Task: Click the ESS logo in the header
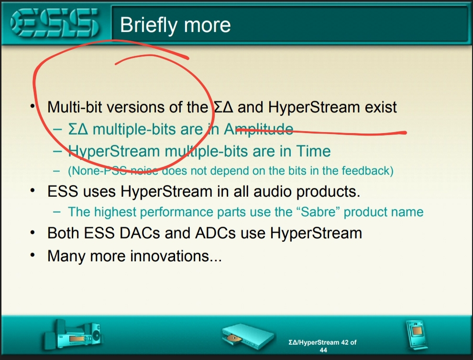click(55, 23)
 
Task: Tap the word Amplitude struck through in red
click(259, 129)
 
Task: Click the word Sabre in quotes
click(318, 212)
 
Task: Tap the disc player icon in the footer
click(248, 337)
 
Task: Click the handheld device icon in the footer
click(417, 335)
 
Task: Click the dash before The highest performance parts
click(57, 212)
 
